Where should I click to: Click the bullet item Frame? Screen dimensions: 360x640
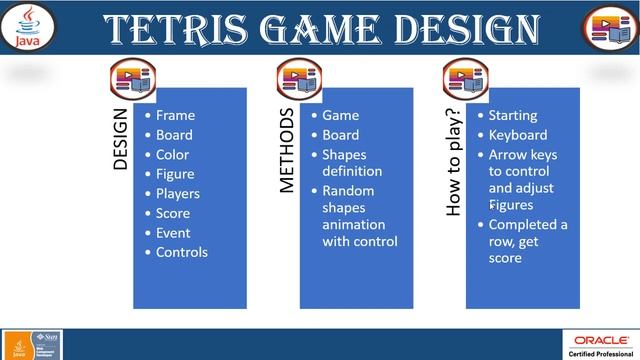[175, 115]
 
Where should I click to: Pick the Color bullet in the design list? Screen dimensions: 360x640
[172, 155]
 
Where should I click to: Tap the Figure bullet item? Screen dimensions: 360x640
[175, 174]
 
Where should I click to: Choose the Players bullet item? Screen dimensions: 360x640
[178, 193]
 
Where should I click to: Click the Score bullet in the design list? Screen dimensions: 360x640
[173, 213]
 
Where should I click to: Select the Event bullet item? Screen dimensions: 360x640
[173, 232]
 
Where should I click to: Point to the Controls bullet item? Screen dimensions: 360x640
[181, 252]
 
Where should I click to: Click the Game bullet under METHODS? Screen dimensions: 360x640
[340, 115]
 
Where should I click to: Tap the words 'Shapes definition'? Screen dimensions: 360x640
[351, 163]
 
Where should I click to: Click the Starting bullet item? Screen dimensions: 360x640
[512, 115]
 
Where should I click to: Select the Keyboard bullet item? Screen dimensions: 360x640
[517, 135]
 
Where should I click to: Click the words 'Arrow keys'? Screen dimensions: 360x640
[522, 155]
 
